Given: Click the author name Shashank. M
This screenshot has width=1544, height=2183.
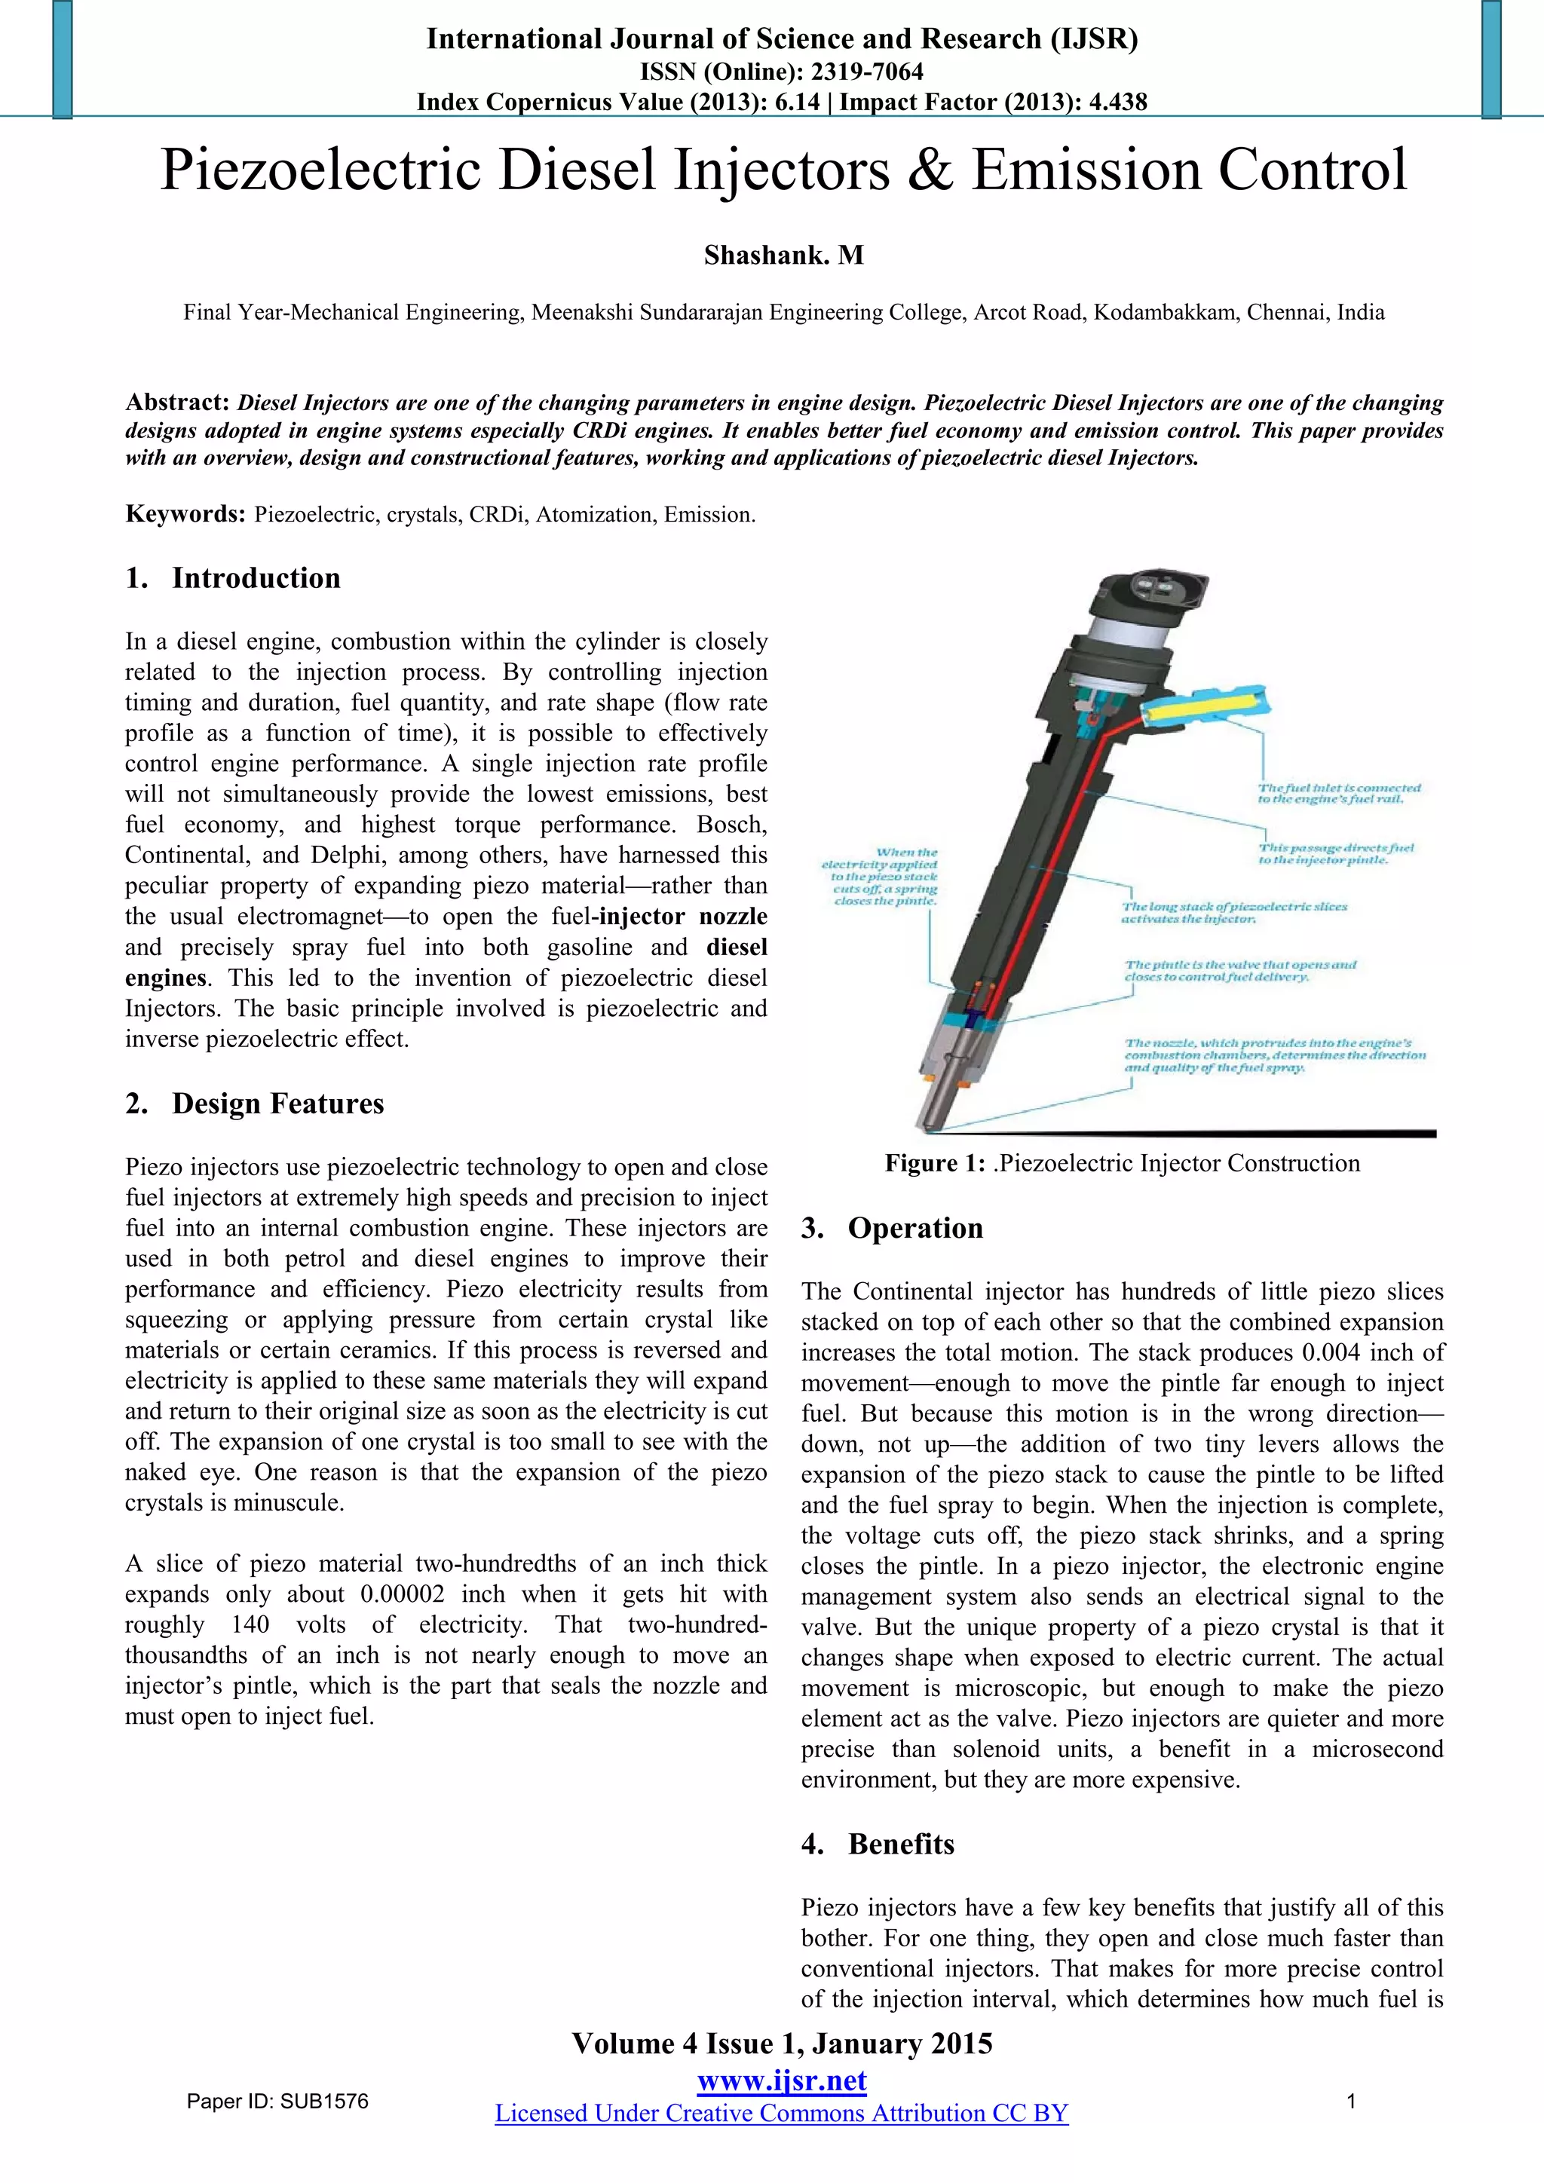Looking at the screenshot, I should pyautogui.click(x=783, y=255).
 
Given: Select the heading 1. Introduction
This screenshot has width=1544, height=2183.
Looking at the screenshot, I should pyautogui.click(x=233, y=578).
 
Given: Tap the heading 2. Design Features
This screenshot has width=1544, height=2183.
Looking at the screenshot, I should pyautogui.click(x=255, y=1103).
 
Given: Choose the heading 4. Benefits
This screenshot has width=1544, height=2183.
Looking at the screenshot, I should pyautogui.click(x=878, y=1844).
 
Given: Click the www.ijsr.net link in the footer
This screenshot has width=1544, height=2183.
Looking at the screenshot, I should pyautogui.click(x=782, y=2080).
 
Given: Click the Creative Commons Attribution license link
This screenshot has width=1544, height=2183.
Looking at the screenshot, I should pyautogui.click(x=782, y=2113).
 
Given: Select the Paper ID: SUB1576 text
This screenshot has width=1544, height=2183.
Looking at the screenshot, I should pyautogui.click(x=277, y=2102).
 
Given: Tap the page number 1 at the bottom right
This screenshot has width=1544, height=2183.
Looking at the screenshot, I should pyautogui.click(x=1351, y=2102).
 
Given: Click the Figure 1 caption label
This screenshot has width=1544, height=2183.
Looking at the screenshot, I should pyautogui.click(x=935, y=1163).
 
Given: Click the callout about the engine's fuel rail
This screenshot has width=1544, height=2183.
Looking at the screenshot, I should pyautogui.click(x=1339, y=793).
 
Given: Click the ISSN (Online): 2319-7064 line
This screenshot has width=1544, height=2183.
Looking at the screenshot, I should pyautogui.click(x=782, y=72).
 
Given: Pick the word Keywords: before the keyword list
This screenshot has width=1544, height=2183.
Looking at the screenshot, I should pyautogui.click(x=185, y=514).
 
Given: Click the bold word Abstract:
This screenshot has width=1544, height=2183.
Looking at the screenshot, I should pyautogui.click(x=178, y=403).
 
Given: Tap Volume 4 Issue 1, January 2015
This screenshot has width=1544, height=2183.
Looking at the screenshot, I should pyautogui.click(x=782, y=2044).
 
